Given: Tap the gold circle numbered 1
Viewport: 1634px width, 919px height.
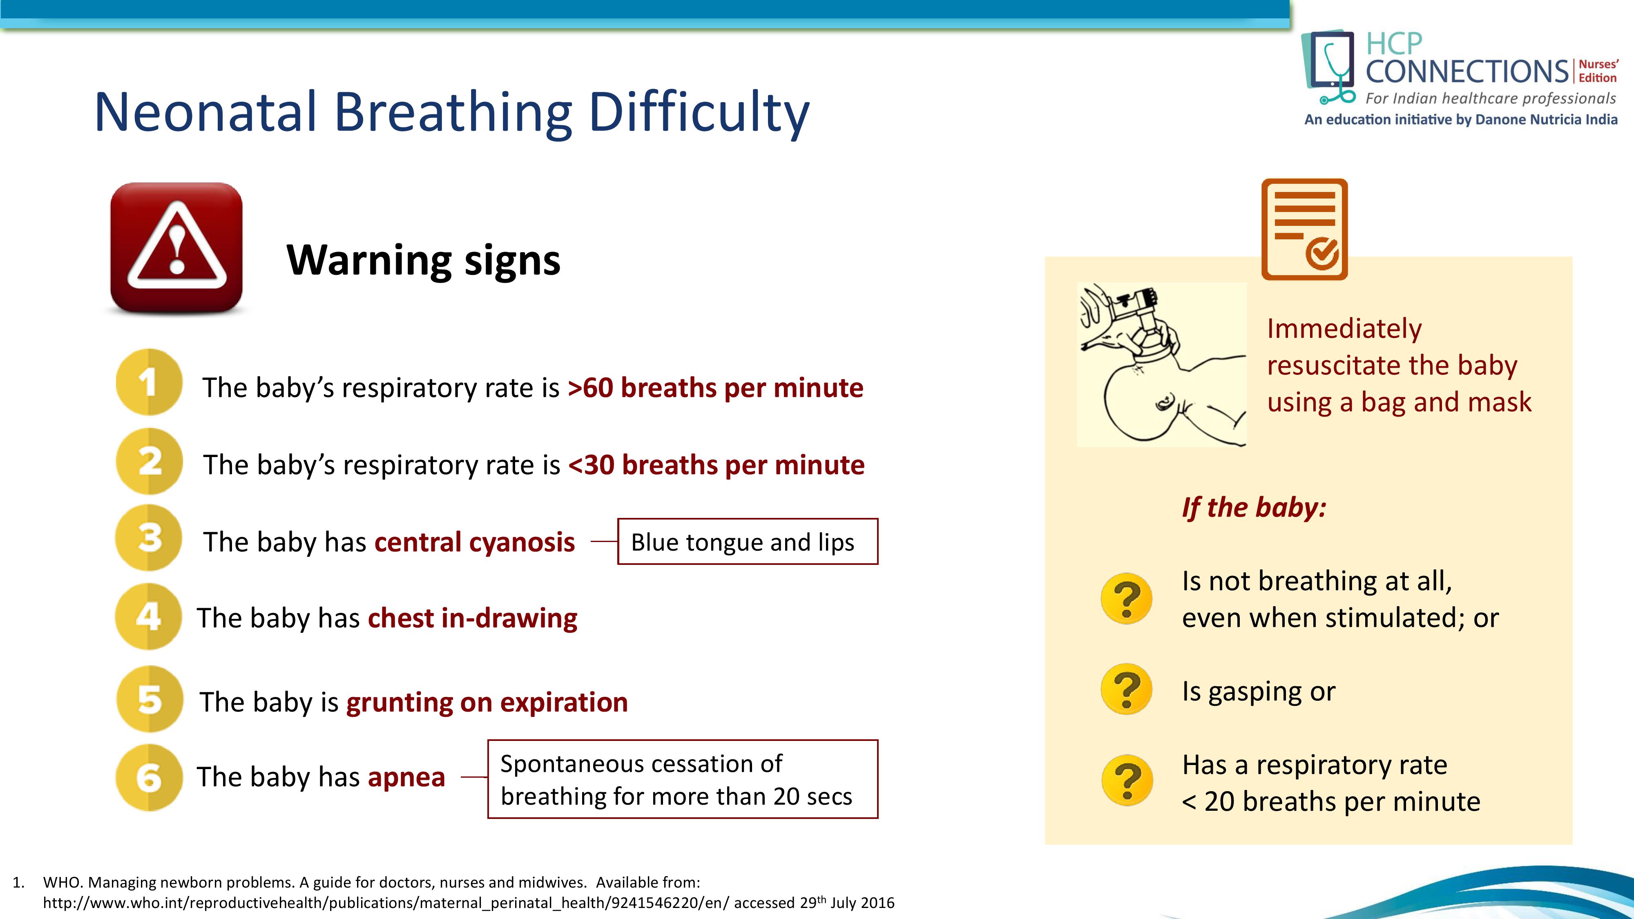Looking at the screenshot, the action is (149, 382).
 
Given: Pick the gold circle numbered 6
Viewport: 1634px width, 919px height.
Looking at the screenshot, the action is (149, 777).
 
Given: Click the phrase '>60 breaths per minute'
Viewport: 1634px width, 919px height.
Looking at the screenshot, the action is (716, 388).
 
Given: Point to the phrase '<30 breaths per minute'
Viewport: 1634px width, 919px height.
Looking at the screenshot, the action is (717, 465).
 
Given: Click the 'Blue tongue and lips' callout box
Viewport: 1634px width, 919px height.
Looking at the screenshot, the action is (748, 542).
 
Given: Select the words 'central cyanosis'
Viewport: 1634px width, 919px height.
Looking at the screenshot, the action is (474, 542).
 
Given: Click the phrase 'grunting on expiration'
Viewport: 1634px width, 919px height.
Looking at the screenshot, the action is (487, 702).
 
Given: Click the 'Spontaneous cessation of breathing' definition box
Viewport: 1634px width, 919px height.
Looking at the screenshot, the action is (683, 779).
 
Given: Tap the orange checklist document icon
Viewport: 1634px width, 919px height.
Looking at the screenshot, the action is (1305, 229).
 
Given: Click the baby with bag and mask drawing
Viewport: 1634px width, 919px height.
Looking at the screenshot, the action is (1162, 365).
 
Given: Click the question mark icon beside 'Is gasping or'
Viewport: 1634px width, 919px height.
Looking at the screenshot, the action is (1127, 689).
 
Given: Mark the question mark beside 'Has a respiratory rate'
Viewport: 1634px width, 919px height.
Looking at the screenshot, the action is (1127, 780).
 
